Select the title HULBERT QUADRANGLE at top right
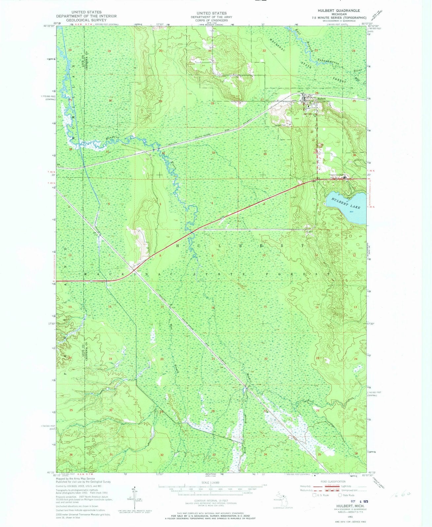tap(339, 11)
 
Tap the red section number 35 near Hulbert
tap(315, 153)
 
